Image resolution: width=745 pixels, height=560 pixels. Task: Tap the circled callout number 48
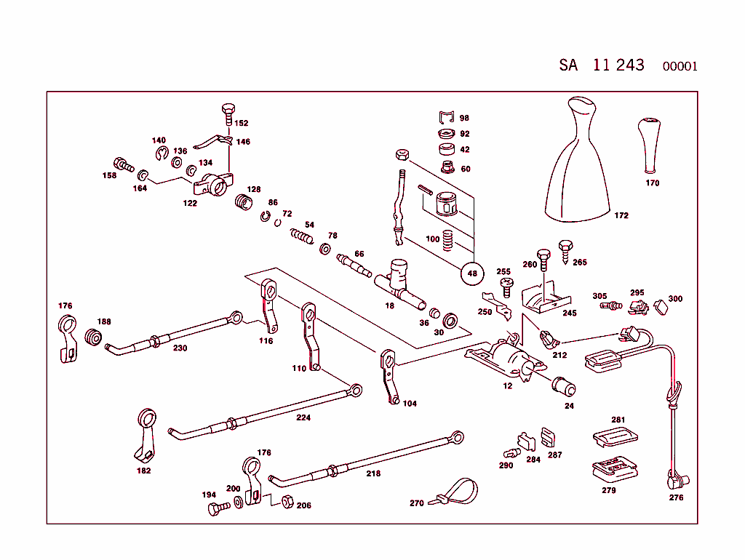[x=472, y=273]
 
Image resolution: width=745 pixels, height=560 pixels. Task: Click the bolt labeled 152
[x=227, y=114]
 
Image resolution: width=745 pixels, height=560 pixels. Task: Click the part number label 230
[x=180, y=348]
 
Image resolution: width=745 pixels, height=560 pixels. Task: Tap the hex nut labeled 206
[x=287, y=503]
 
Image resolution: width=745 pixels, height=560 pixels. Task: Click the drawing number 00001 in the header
[x=680, y=66]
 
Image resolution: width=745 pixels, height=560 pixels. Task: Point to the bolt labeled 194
[x=215, y=508]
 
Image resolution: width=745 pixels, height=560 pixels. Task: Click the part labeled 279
[x=612, y=468]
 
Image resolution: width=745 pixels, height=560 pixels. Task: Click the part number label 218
[x=373, y=473]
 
